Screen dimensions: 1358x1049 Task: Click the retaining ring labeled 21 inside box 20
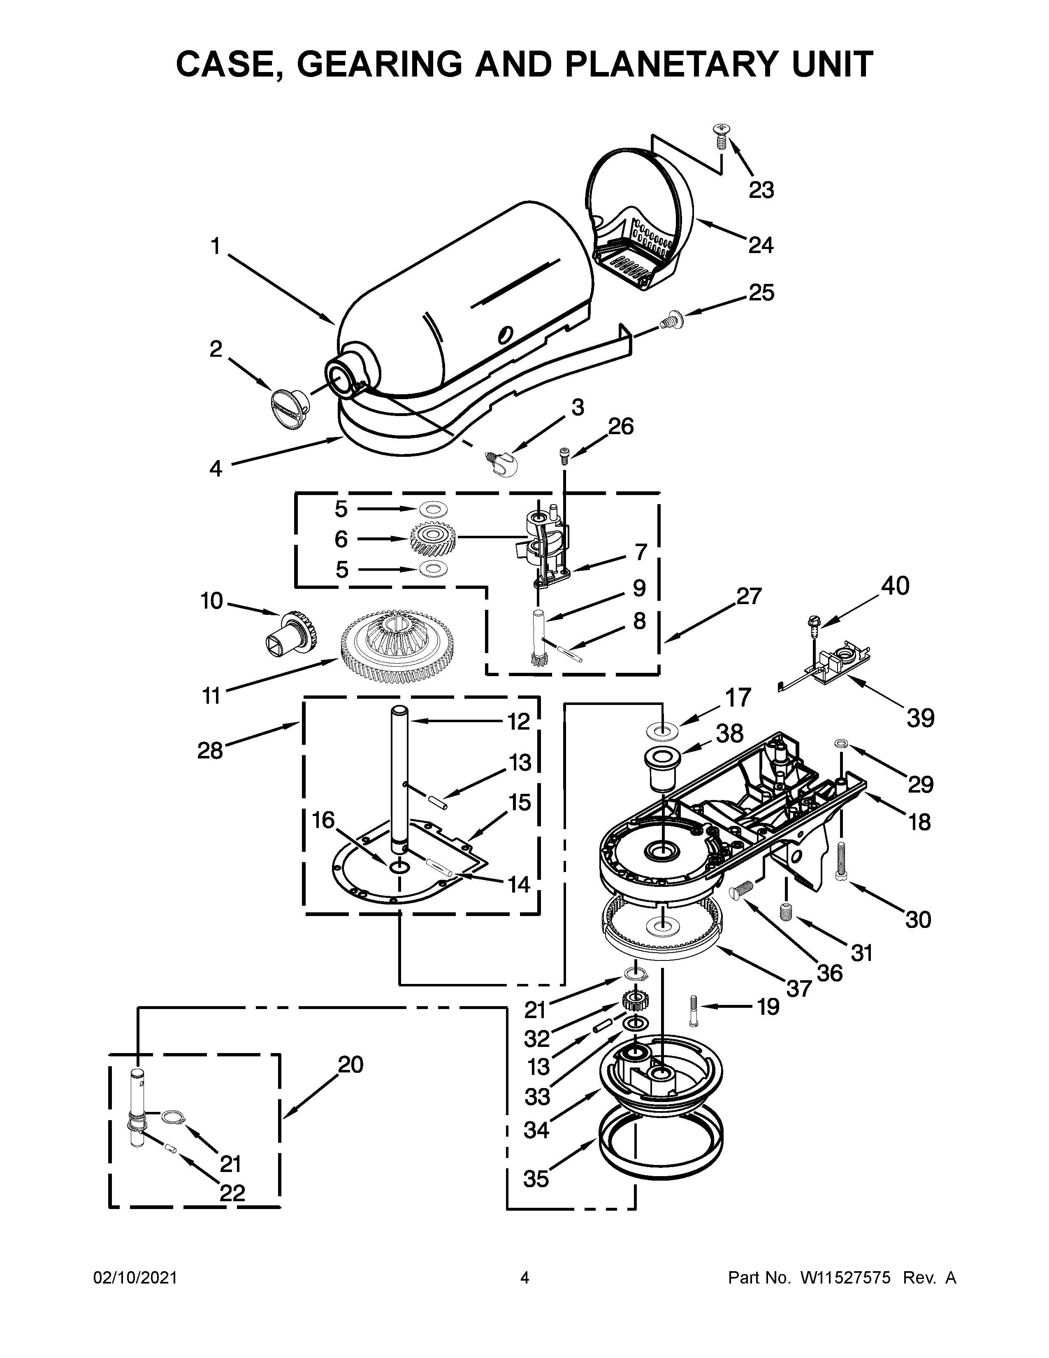170,1117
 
